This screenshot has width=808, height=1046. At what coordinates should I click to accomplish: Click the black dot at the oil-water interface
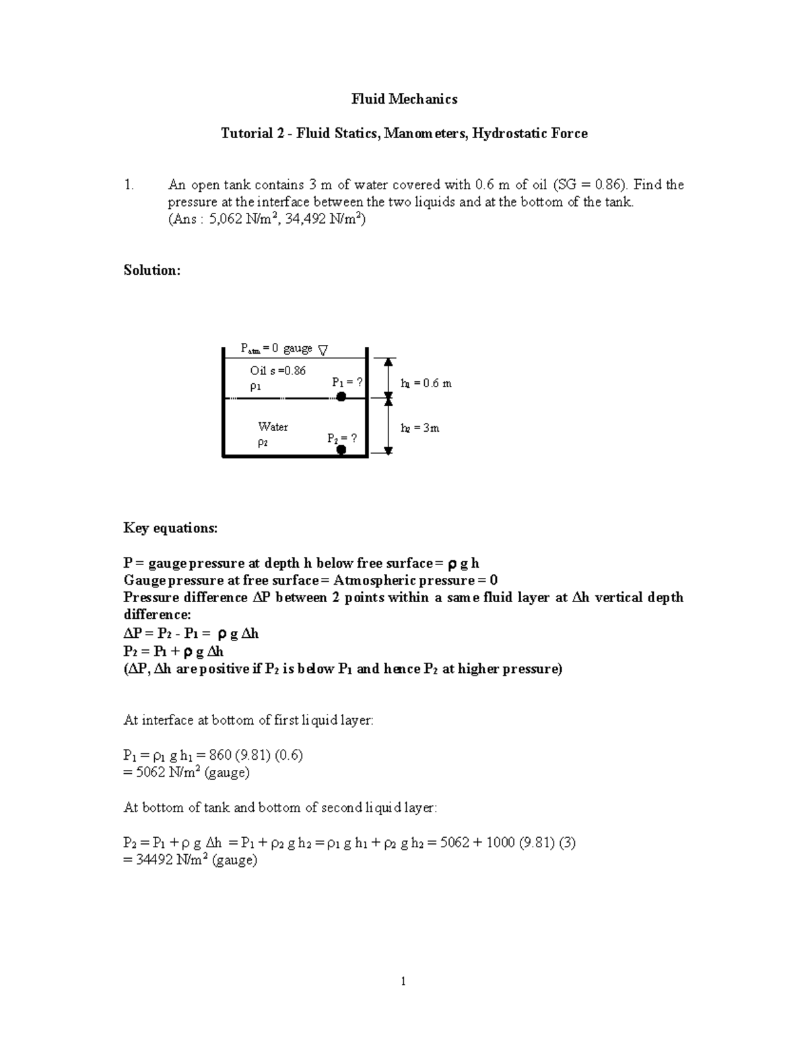341,397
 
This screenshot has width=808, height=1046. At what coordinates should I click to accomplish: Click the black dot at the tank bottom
341,450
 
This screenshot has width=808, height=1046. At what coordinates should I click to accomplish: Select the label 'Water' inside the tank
273,427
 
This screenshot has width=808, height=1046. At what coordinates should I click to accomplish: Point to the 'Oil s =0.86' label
277,370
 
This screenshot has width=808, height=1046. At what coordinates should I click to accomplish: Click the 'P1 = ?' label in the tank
347,383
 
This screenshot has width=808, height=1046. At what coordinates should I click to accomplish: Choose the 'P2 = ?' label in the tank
342,438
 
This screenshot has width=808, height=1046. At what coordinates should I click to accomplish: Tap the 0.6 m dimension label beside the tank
426,384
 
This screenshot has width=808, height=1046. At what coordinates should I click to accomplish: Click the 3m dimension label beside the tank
419,428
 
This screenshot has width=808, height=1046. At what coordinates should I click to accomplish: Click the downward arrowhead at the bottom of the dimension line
389,449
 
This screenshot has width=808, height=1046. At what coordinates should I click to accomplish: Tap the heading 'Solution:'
152,270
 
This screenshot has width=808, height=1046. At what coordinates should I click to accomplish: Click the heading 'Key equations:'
170,528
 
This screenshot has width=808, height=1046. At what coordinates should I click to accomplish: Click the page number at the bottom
403,981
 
